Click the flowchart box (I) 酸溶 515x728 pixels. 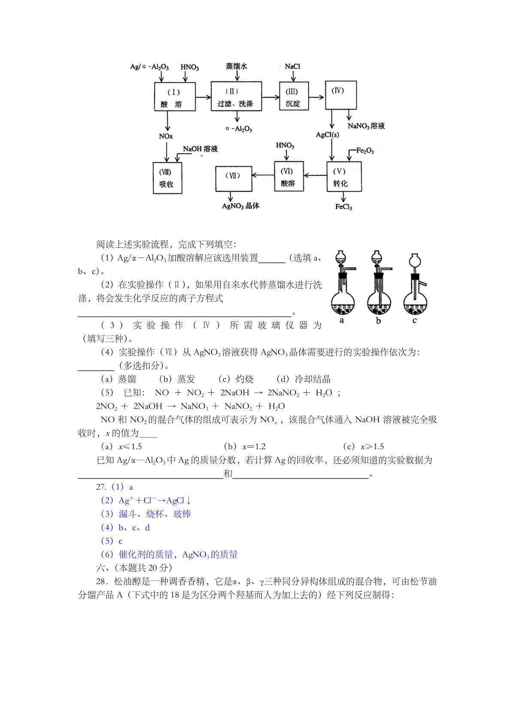[x=175, y=96]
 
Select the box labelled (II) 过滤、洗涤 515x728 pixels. [x=236, y=96]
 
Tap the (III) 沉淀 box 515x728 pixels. [x=294, y=96]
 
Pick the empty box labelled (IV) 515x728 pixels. [x=341, y=95]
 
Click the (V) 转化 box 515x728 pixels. [x=344, y=177]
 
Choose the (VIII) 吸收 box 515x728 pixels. [x=167, y=178]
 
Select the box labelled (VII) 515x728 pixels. [x=233, y=179]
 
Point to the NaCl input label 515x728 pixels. [x=292, y=66]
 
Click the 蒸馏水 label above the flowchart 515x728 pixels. [x=236, y=66]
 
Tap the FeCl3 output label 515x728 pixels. [x=344, y=207]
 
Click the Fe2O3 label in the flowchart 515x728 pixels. [x=365, y=150]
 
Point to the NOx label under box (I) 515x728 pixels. [x=166, y=136]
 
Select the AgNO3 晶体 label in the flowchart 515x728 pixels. [x=240, y=206]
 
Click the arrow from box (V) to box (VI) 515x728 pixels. [x=315, y=175]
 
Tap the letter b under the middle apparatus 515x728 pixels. [x=378, y=321]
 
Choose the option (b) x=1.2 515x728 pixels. [x=245, y=446]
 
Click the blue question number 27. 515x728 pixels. [x=101, y=487]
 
